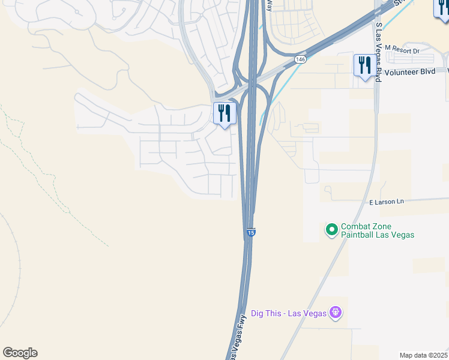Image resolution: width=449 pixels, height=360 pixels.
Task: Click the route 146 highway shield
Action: [301, 59]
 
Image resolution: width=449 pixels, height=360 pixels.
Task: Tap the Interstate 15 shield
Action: [251, 232]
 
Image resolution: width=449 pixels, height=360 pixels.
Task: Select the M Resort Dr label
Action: [402, 50]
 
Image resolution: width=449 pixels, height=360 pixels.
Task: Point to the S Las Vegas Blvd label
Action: [379, 52]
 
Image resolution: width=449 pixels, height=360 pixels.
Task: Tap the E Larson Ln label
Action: [387, 202]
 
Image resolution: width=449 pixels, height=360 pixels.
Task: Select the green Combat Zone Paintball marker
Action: [331, 229]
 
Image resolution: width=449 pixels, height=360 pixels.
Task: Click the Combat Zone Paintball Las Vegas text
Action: [378, 231]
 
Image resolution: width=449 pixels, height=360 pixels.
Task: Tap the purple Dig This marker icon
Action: [336, 313]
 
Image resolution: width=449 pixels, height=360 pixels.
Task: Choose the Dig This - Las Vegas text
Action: [288, 313]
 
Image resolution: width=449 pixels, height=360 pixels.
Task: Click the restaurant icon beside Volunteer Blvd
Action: [364, 65]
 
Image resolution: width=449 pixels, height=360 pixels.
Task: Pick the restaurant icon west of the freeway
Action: [224, 113]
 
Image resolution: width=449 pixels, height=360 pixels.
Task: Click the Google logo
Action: [20, 353]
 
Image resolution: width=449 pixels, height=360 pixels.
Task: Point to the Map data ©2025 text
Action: [423, 355]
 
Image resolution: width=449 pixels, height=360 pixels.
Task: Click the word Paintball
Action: [357, 235]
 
